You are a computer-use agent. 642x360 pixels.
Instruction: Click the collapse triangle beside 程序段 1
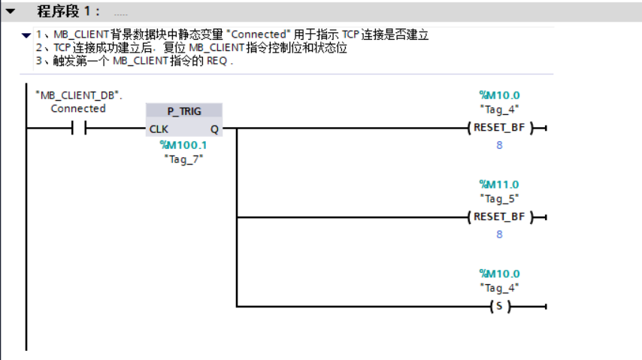pyautogui.click(x=11, y=12)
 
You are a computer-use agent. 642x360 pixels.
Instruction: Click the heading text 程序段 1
pyautogui.click(x=68, y=12)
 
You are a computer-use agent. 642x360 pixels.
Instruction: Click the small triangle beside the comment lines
pyautogui.click(x=26, y=35)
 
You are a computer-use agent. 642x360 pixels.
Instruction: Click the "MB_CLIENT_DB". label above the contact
pyautogui.click(x=79, y=95)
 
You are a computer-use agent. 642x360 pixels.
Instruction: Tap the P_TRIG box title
pyautogui.click(x=184, y=111)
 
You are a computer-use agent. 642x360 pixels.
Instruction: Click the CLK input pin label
pyautogui.click(x=159, y=129)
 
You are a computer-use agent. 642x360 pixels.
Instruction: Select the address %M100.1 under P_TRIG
pyautogui.click(x=183, y=145)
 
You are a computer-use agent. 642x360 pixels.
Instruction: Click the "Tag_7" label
pyautogui.click(x=183, y=159)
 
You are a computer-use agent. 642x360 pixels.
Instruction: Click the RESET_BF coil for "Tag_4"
pyautogui.click(x=499, y=128)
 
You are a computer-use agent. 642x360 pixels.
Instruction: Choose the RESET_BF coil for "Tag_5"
pyautogui.click(x=499, y=217)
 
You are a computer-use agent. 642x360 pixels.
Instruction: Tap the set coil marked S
pyautogui.click(x=499, y=307)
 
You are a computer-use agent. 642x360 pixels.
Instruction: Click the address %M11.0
pyautogui.click(x=499, y=184)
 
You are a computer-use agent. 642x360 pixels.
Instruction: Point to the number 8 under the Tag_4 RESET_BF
pyautogui.click(x=499, y=145)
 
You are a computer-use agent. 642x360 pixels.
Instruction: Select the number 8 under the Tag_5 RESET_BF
pyautogui.click(x=499, y=234)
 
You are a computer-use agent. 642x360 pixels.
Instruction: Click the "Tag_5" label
pyautogui.click(x=499, y=198)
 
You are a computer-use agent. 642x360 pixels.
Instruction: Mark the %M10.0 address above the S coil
pyautogui.click(x=499, y=274)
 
